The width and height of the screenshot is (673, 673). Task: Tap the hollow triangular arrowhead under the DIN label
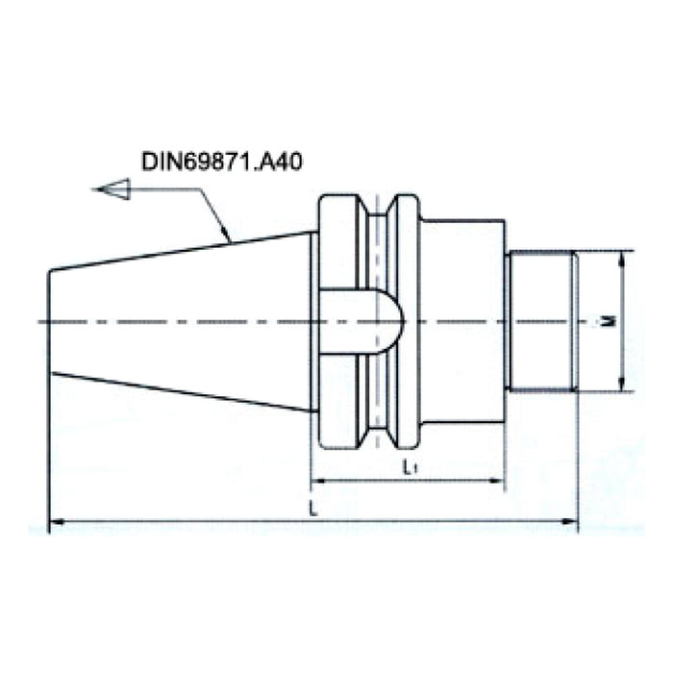116,188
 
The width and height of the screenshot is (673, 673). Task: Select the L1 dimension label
409,468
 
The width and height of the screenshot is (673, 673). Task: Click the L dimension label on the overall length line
312,506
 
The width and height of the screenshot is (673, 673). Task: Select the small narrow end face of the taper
49,320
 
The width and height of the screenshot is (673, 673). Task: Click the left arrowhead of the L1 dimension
317,482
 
